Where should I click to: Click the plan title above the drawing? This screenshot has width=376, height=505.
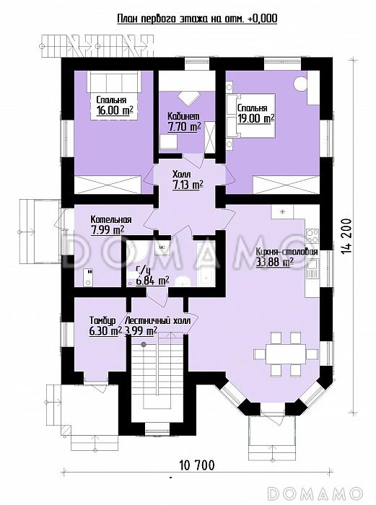(197, 19)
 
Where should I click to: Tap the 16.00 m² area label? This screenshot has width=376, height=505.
(115, 110)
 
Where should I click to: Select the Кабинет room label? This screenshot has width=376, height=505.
(183, 116)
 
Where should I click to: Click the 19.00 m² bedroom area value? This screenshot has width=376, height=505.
(256, 118)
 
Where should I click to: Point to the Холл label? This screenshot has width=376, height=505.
(182, 175)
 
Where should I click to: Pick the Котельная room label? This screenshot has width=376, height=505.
(111, 219)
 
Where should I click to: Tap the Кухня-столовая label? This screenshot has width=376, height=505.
(287, 252)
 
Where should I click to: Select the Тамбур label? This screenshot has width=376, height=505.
(102, 321)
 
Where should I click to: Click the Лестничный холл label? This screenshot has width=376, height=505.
(158, 321)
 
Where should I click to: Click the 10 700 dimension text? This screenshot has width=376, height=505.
(196, 465)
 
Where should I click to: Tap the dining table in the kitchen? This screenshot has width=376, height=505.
(286, 354)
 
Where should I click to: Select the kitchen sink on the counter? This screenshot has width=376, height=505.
(312, 270)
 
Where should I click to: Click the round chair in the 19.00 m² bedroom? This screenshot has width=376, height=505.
(300, 84)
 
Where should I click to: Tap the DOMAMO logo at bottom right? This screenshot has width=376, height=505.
(315, 493)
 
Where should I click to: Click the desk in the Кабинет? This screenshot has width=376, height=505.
(168, 141)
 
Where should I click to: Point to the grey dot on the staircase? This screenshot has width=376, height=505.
(144, 345)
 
